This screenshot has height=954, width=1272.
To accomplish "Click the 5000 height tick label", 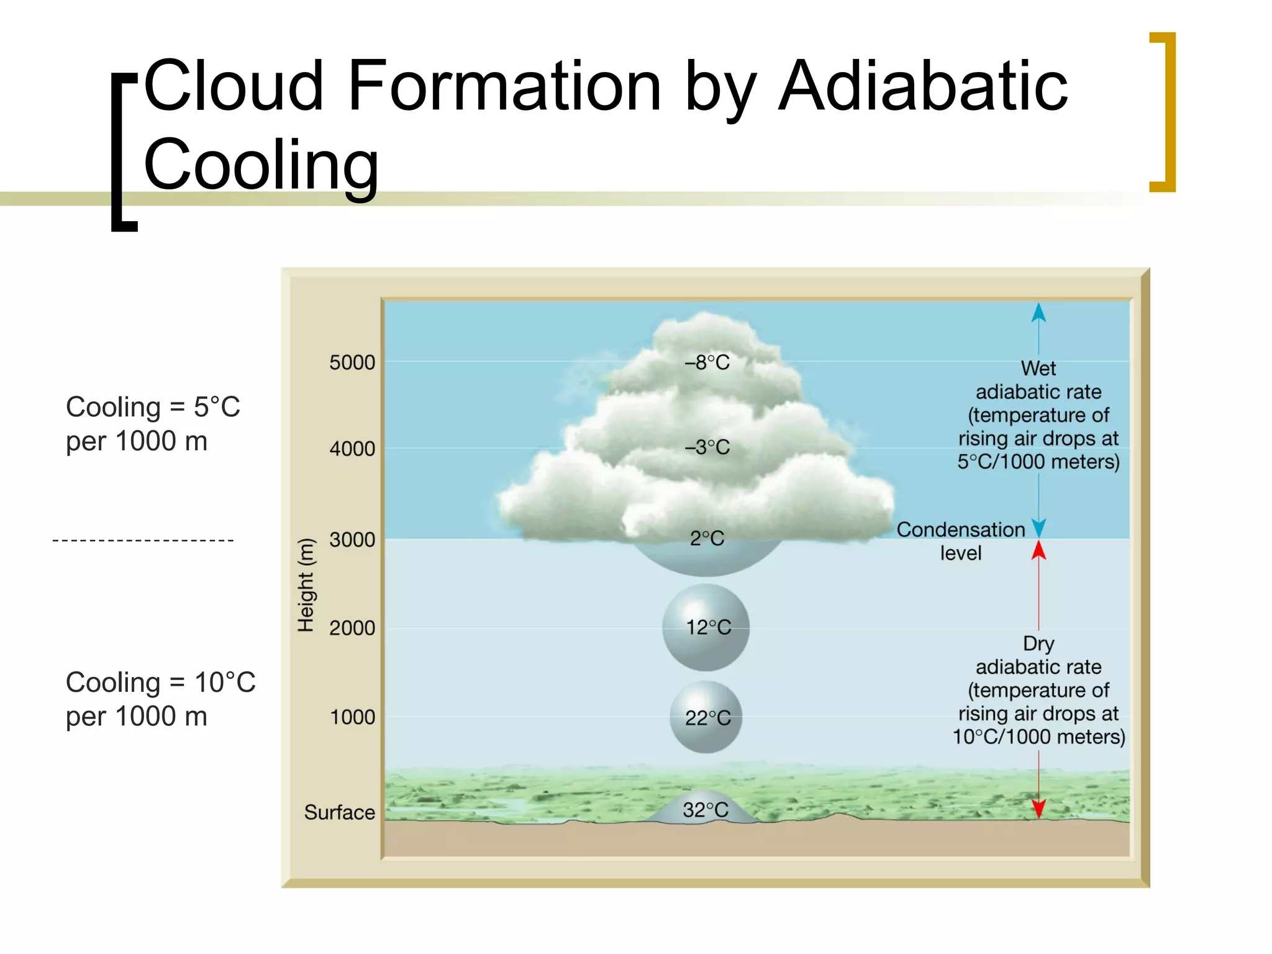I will pos(352,363).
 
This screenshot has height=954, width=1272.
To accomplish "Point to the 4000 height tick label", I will pos(352,448).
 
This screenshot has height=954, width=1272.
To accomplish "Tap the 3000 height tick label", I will pos(352,540).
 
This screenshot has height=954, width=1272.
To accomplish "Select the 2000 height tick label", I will pos(352,628).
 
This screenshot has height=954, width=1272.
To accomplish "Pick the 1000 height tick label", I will pos(352,717).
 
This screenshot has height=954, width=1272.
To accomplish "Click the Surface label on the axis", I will pos(339,812).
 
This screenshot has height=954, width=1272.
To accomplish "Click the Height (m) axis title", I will pos(306,585).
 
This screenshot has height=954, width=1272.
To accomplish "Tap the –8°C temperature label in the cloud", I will pos(707,363).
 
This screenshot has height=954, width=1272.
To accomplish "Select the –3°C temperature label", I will pos(707,447).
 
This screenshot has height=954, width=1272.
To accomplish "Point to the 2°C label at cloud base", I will pos(707,538).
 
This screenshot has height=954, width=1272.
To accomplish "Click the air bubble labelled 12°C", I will pos(706,627).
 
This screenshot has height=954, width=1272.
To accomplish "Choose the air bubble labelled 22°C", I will pos(706,717).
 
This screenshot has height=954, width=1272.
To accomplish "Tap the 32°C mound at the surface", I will pos(706,809).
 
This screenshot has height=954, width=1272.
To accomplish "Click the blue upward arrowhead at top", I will pos(1038,312).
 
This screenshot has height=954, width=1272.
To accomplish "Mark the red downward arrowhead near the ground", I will pos(1038,809).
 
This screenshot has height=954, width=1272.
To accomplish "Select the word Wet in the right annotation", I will pos(1038,368).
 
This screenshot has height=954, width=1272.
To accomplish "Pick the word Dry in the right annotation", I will pos(1038,643).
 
